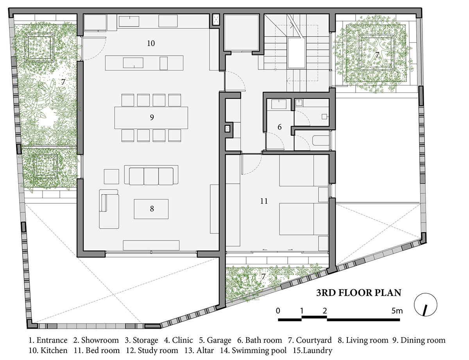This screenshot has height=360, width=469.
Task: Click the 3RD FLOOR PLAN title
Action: [358, 293]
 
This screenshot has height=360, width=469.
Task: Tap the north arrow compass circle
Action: [425, 305]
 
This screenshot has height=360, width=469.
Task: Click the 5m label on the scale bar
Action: [397, 311]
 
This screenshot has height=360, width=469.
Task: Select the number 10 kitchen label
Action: [151, 43]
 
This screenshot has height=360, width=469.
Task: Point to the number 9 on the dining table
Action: [152, 117]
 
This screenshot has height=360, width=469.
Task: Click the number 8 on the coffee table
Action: [152, 209]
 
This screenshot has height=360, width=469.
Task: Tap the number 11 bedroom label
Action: [264, 201]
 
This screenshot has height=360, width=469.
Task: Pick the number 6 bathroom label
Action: [279, 127]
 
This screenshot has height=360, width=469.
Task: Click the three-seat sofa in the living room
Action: [151, 175]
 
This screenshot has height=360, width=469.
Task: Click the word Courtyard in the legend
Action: [313, 340]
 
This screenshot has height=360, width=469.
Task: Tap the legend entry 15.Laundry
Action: [313, 351]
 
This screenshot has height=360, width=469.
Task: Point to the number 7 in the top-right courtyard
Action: [377, 55]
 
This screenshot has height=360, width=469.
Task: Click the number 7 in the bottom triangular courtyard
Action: [263, 276]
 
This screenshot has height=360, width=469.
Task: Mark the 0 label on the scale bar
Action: [278, 311]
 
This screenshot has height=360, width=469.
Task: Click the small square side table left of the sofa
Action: [111, 177]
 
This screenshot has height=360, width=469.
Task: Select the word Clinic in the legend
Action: [183, 340]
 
